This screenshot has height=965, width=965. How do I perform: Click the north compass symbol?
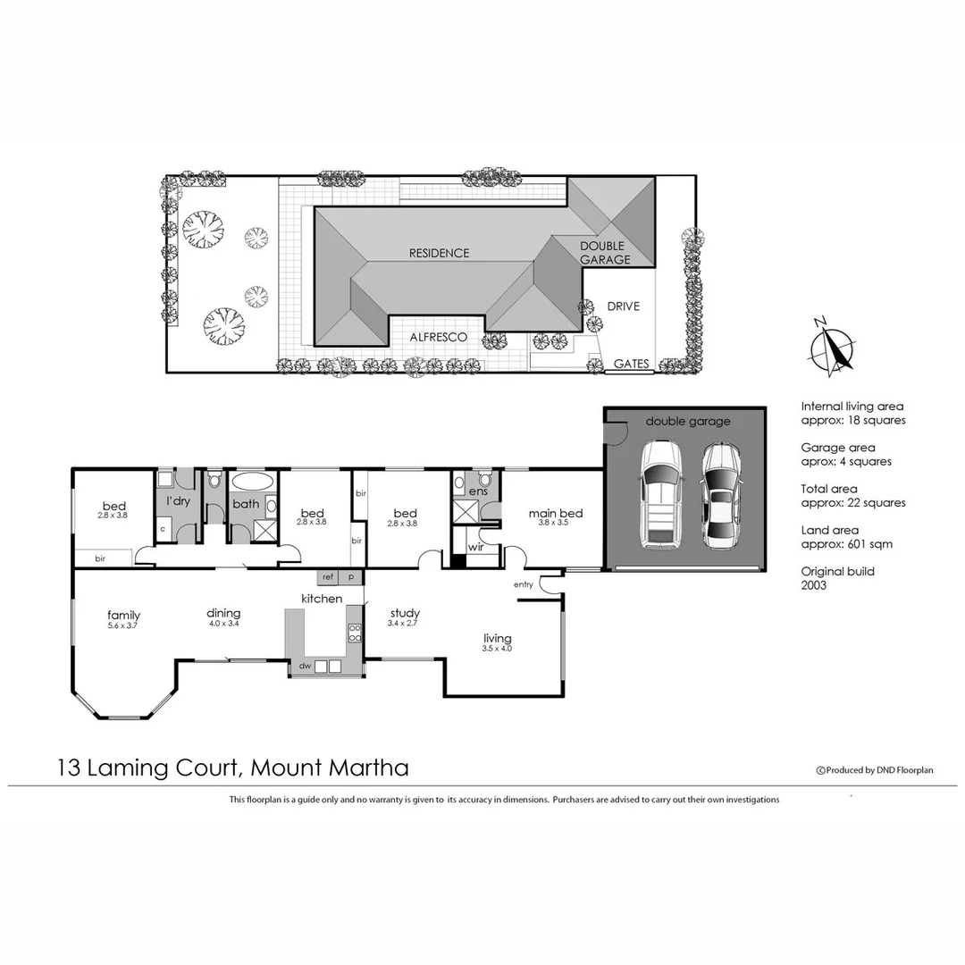point(835,347)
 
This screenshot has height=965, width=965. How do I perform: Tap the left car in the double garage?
point(659,495)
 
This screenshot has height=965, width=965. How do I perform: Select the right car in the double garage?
point(721,497)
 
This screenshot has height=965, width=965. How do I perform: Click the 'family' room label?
point(123,615)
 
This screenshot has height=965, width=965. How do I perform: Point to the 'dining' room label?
point(223,613)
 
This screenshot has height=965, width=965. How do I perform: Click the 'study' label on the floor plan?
point(404,614)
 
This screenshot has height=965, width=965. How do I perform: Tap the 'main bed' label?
point(555,513)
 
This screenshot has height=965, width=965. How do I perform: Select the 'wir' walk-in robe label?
point(474,548)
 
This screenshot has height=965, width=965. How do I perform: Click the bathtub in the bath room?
point(253,481)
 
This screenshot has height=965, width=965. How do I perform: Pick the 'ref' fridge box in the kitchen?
point(328,578)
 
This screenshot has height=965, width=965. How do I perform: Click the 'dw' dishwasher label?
point(305,666)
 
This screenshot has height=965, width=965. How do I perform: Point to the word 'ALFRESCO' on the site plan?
point(438,337)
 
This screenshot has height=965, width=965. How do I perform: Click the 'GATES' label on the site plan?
point(631,365)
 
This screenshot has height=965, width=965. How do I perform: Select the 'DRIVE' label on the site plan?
point(623,306)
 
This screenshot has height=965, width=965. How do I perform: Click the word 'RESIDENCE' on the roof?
point(439,253)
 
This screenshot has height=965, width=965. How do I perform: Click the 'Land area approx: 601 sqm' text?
point(846,537)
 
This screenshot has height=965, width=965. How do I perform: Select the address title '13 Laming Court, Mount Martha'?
point(232,768)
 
